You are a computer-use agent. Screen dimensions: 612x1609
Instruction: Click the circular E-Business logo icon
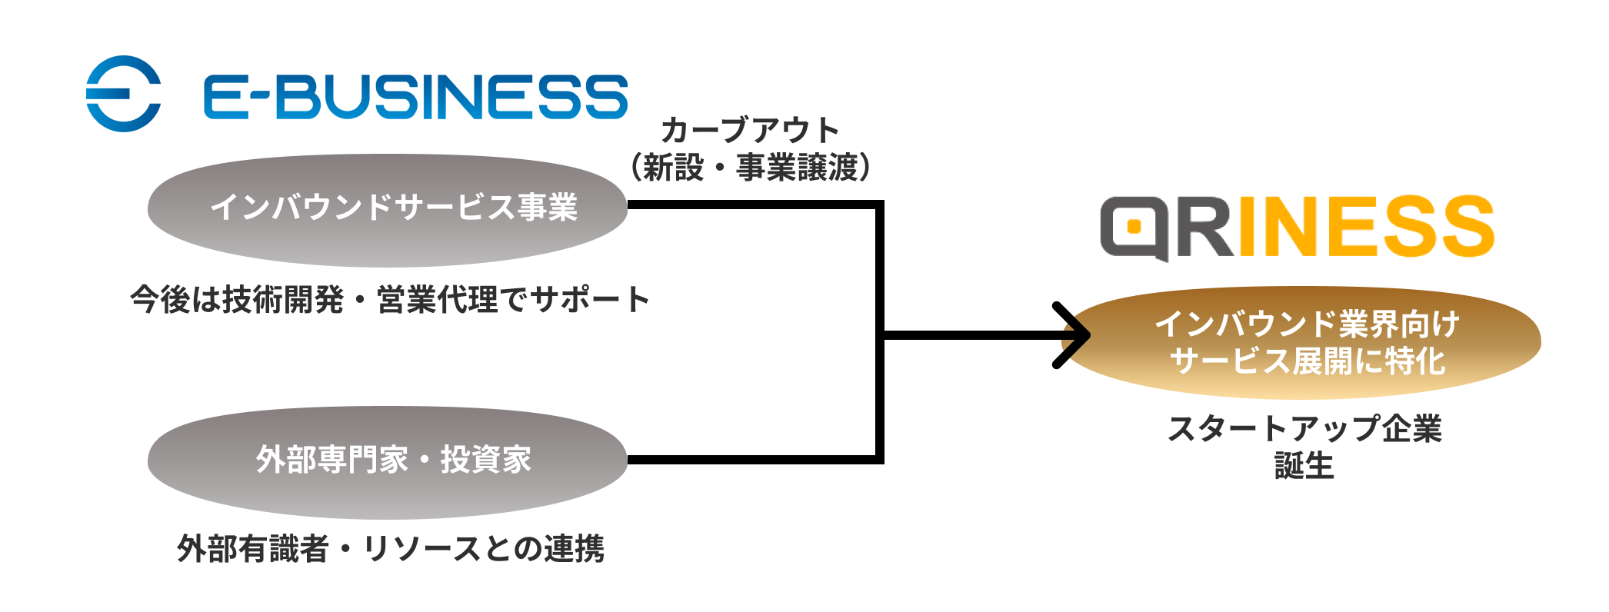pos(123,94)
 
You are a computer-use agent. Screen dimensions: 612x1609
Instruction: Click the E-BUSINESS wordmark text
pos(415,97)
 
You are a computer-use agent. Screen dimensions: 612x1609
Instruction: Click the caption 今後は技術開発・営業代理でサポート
pos(389,300)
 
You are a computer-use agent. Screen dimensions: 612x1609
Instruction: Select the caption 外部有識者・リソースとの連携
pos(391,549)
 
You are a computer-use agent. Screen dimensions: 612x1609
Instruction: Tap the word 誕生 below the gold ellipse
pos(1304,466)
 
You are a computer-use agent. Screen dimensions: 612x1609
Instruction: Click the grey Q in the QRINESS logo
pos(1134,228)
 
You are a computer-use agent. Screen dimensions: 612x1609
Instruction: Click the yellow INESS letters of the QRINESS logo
pos(1366,226)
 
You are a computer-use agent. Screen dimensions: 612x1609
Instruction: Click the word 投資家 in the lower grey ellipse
pos(486,460)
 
